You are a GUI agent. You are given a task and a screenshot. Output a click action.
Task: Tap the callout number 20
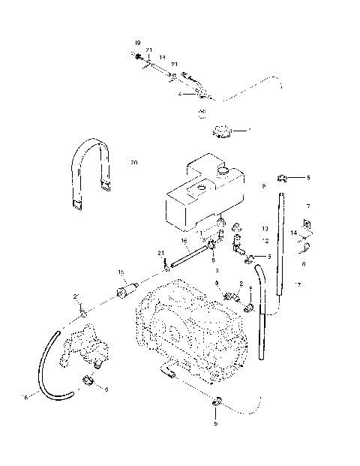(133, 162)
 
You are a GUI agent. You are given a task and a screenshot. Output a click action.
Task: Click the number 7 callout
(307, 205)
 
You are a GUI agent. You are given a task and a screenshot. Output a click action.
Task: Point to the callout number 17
(298, 284)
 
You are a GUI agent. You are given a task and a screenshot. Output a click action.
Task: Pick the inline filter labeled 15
(127, 289)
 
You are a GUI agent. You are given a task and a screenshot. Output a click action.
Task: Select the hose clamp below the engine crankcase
(216, 403)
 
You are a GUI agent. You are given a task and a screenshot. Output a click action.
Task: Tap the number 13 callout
(264, 226)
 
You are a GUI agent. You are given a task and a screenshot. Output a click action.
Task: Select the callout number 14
(294, 234)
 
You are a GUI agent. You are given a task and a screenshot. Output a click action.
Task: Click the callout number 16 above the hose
(184, 240)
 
